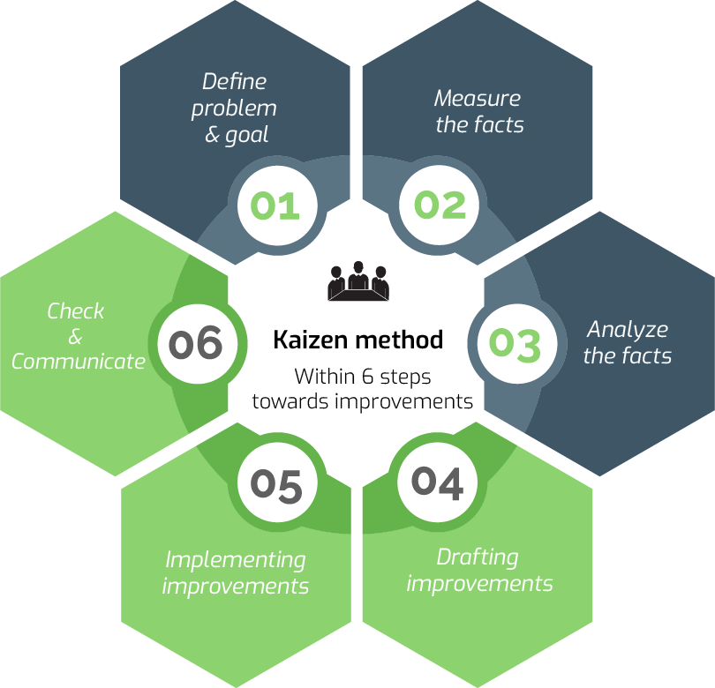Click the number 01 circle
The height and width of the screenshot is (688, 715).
tap(275, 205)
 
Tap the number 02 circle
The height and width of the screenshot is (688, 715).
tap(440, 205)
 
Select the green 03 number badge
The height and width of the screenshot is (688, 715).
tap(515, 344)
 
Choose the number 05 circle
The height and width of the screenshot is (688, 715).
tap(276, 484)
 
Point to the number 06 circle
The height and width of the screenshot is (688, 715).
tap(196, 342)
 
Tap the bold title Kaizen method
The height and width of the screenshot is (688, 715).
tap(357, 340)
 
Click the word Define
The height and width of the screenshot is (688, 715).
tap(234, 82)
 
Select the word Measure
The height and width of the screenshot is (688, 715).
tap(478, 98)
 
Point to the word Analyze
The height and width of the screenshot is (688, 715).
tap(628, 330)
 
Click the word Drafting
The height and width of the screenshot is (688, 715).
tap(478, 557)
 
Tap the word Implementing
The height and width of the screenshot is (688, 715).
tap(236, 559)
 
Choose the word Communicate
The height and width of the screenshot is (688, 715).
tap(79, 362)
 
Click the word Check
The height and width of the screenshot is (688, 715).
tap(76, 311)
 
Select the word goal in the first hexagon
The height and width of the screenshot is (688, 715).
tap(247, 136)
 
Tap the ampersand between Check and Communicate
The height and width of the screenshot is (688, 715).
tap(75, 337)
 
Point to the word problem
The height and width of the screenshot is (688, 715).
tap(234, 109)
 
